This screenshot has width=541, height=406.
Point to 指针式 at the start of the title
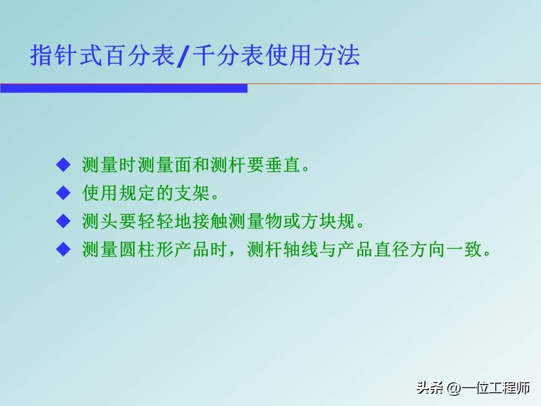(x=66, y=56)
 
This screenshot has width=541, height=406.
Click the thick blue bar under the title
(x=123, y=89)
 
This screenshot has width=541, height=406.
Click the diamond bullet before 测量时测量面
(x=63, y=165)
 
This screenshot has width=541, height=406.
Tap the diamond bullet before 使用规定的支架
(x=63, y=193)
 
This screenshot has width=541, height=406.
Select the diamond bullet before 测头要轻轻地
(x=63, y=221)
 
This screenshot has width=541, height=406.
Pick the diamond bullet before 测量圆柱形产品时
(x=63, y=249)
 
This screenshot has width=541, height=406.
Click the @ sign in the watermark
(x=453, y=389)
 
